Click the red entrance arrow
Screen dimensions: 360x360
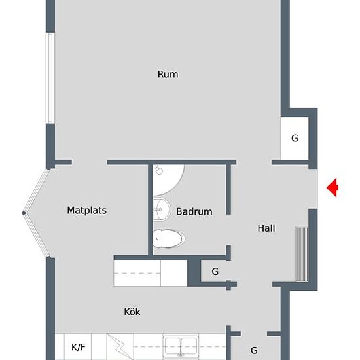pyautogui.click(x=333, y=188)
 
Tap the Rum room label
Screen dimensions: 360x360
pyautogui.click(x=168, y=74)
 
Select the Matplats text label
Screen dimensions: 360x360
pyautogui.click(x=86, y=210)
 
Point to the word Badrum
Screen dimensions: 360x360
pyautogui.click(x=194, y=211)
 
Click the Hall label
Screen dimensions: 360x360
pyautogui.click(x=266, y=228)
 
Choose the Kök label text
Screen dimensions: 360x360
pyautogui.click(x=132, y=312)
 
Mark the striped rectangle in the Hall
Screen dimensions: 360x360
pyautogui.click(x=302, y=253)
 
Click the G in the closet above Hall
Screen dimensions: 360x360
pyautogui.click(x=295, y=138)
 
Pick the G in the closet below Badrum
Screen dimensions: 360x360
pyautogui.click(x=215, y=270)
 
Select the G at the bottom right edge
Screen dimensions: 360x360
pyautogui.click(x=254, y=350)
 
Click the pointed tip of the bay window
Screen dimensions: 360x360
pyautogui.click(x=25, y=213)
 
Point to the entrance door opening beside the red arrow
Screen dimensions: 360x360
pyautogui.click(x=314, y=188)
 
